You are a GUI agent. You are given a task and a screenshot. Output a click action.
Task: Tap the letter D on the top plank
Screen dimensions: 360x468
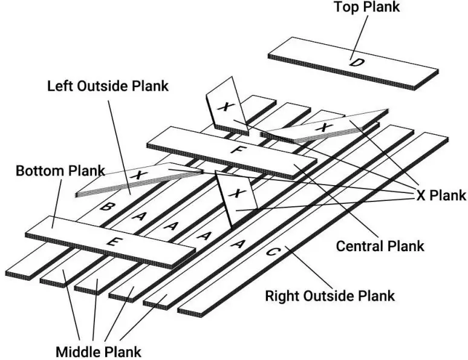click(x=353, y=62)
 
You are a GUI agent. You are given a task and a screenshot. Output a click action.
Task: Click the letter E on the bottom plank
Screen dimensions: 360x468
click(x=111, y=241)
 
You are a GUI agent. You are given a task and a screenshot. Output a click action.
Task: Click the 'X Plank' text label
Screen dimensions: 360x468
click(x=441, y=195)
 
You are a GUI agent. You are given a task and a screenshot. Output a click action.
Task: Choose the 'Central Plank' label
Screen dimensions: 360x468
click(x=380, y=246)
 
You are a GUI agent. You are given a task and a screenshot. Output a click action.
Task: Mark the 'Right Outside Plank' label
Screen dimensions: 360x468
click(x=330, y=296)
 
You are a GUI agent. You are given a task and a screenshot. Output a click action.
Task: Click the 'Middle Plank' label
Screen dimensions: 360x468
click(x=98, y=351)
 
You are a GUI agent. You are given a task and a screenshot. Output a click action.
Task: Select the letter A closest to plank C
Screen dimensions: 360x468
click(x=239, y=244)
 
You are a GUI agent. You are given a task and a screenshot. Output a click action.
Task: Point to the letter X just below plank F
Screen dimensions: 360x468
click(x=236, y=193)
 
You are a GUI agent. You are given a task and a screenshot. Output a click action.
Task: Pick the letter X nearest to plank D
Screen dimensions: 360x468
click(x=325, y=127)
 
